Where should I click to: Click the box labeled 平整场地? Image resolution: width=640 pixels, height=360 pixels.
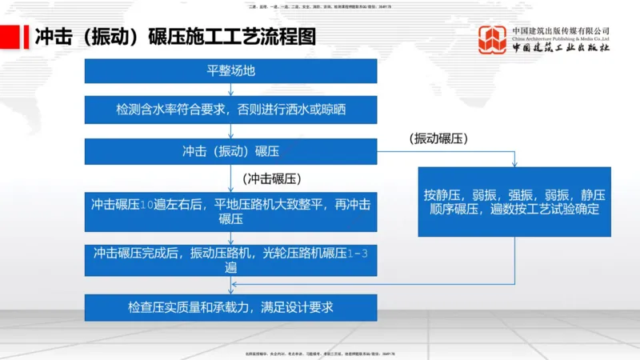coord(230,70)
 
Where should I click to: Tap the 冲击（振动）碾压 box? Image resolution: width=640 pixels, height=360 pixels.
coord(230,150)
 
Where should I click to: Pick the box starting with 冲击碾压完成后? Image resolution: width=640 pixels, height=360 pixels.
coord(230,260)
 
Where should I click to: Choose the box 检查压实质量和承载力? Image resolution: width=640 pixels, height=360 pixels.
coord(230,307)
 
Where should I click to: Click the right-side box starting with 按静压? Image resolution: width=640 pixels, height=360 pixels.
coord(514,202)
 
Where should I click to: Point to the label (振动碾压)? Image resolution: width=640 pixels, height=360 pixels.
coord(438,138)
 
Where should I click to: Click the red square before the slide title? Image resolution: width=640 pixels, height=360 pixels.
coord(16,38)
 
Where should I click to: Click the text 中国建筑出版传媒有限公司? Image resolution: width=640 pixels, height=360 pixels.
coord(561,31)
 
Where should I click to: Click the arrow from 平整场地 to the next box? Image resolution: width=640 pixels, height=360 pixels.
coord(230,89)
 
